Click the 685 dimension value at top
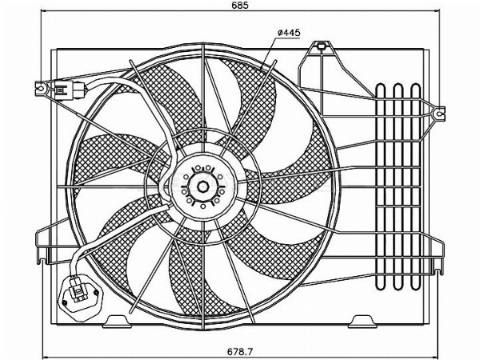coord(240,5)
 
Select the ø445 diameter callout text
coord(289,33)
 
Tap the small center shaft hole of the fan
coord(202,186)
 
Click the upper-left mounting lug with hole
coord(41,88)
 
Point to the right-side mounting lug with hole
coord(439,114)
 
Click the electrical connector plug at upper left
coord(70,90)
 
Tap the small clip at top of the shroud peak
coord(321,46)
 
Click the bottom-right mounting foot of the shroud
coord(362,322)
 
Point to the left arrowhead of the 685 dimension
coord(45,11)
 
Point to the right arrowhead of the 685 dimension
coord(436,11)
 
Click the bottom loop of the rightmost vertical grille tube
coord(415,286)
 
